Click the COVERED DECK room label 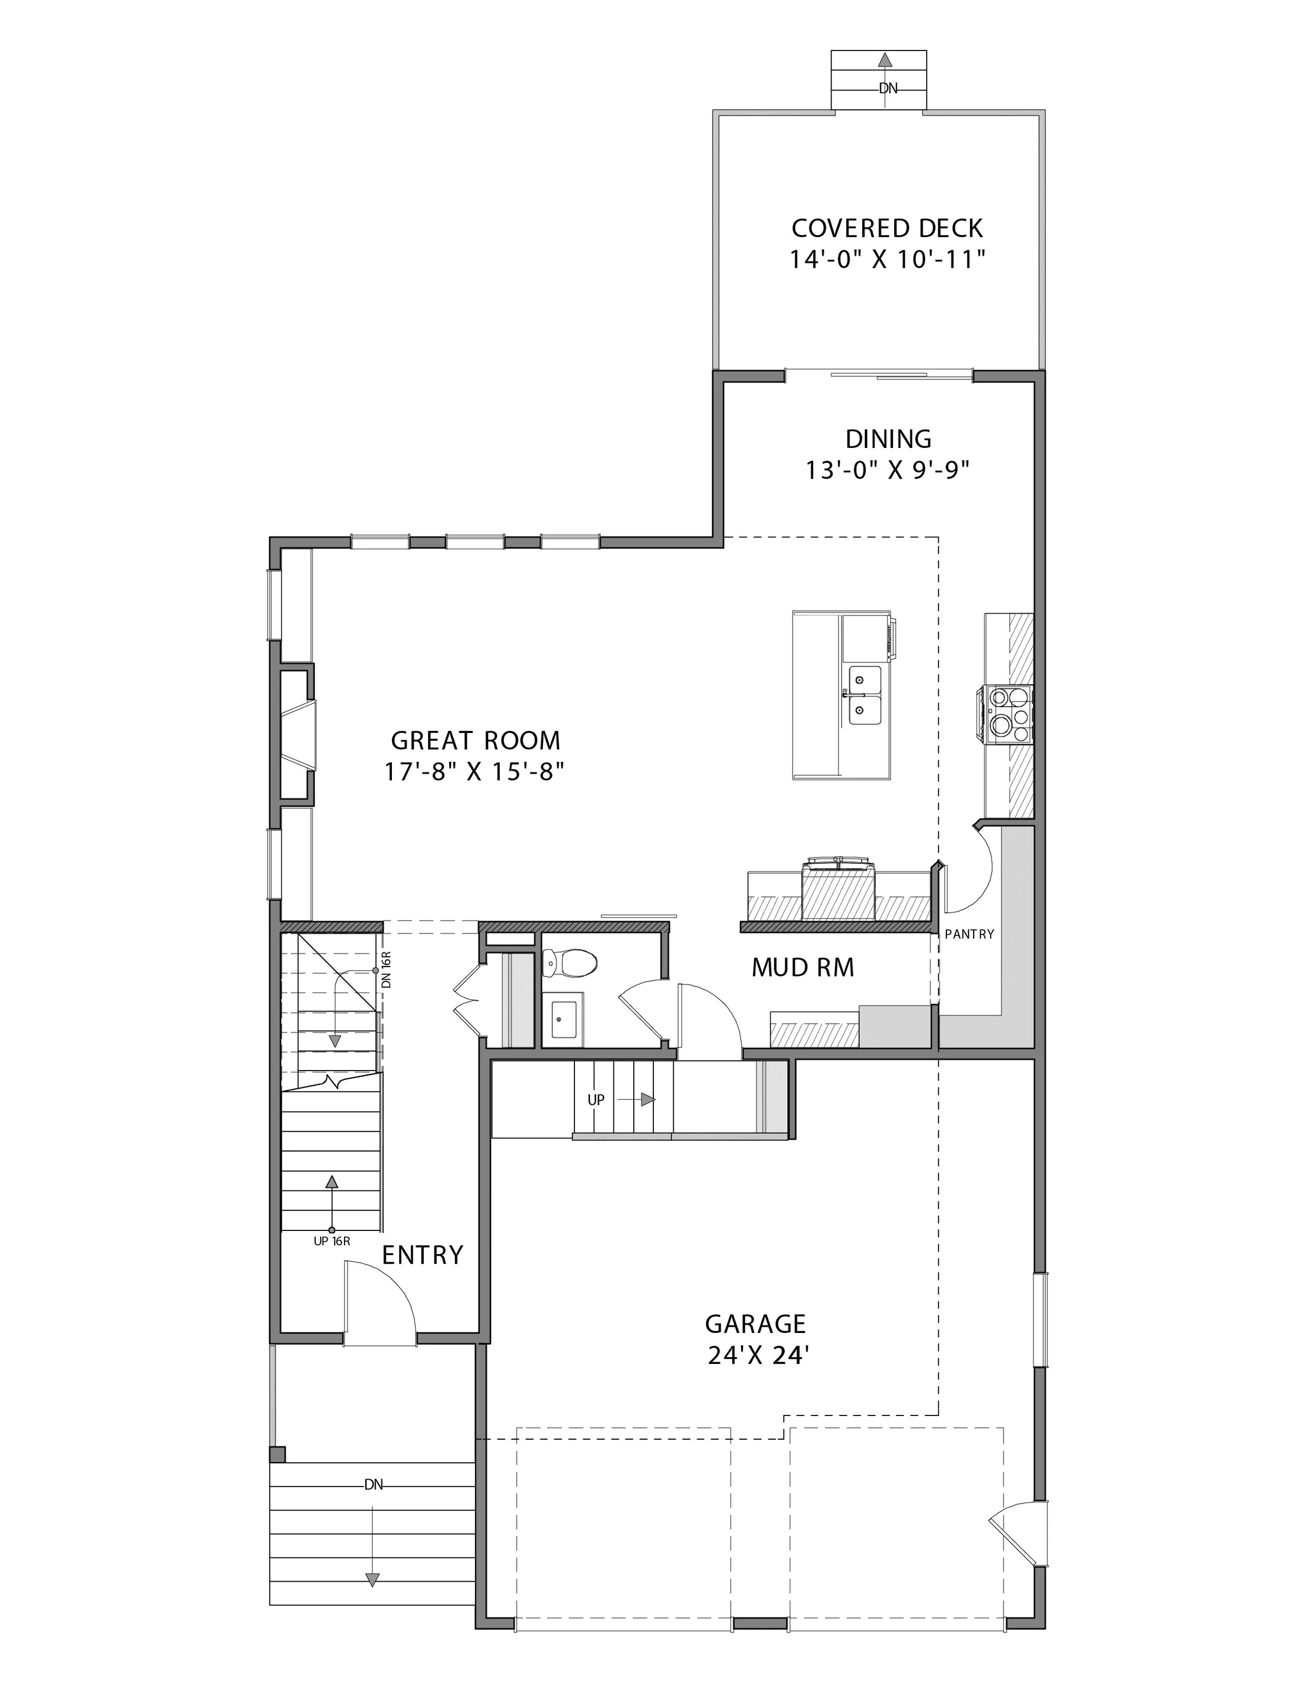[x=887, y=228]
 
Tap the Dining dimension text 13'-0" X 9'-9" [x=887, y=471]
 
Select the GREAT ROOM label [x=475, y=740]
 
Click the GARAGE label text [x=755, y=1323]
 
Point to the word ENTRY [x=422, y=1255]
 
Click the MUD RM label [x=802, y=968]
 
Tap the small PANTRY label [x=969, y=934]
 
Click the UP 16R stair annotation [x=332, y=1241]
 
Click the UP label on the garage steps [x=596, y=1099]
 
